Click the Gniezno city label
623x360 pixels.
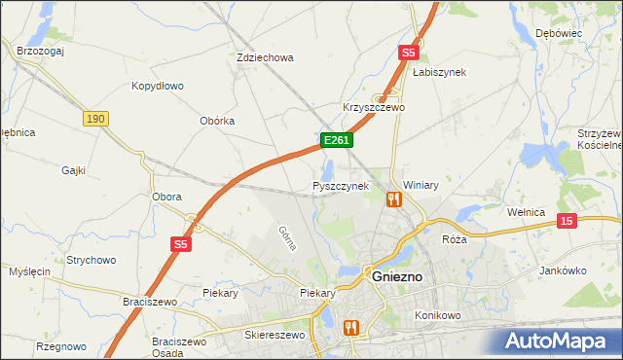397,275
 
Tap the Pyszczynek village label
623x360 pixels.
340,185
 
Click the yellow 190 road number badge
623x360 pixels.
94,119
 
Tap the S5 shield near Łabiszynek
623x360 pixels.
408,53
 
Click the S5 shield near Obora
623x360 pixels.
180,244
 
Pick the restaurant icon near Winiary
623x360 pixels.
393,199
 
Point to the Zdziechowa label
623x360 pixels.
265,57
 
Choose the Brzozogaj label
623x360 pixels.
40,51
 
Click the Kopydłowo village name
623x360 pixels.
158,86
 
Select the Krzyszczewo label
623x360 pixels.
373,107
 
